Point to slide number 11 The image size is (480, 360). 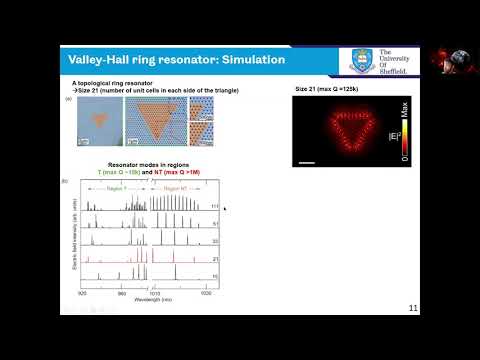click(413, 308)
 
